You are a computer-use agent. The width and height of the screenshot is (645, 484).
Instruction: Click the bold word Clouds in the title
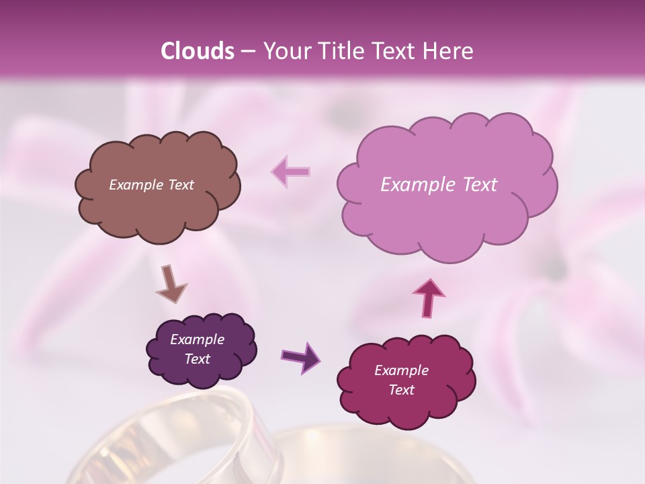tap(198, 51)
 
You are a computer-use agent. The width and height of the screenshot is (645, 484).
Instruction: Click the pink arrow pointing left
tap(291, 171)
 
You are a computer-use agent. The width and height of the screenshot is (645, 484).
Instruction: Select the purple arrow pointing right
tap(300, 358)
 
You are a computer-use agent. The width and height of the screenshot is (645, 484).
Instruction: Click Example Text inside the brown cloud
tap(151, 185)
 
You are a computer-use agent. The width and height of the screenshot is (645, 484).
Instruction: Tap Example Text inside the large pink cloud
tap(439, 185)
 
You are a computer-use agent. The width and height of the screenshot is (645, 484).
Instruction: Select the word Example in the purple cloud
tap(197, 339)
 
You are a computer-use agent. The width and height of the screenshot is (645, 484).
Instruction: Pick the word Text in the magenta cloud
tap(401, 390)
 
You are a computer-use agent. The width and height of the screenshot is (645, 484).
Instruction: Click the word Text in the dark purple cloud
tap(197, 359)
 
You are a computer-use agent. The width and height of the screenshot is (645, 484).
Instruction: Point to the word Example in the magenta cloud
tap(401, 370)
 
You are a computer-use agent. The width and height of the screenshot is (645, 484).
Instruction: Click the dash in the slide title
tap(247, 51)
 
